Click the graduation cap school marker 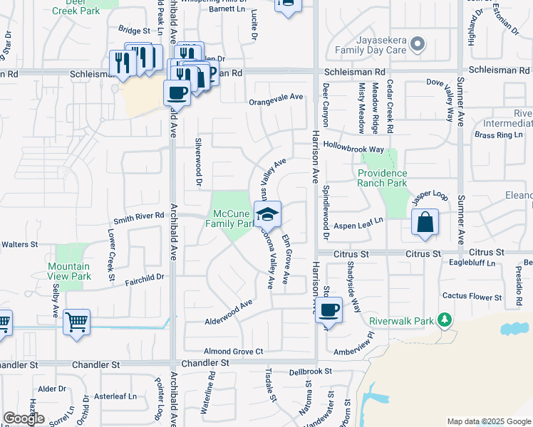point(267,214)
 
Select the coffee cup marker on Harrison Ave point(328,310)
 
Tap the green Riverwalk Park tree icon point(445,320)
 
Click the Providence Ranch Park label point(383,178)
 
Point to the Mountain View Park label point(69,271)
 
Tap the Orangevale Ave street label point(276,102)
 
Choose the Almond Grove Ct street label point(234,351)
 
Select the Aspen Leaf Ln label point(358,221)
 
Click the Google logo point(24,418)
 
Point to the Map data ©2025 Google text point(488,421)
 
